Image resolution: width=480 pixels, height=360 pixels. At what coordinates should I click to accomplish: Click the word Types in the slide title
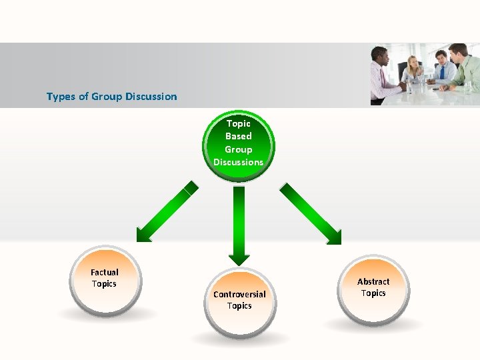click(x=61, y=97)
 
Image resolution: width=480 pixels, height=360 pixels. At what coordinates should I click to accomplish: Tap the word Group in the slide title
click(x=107, y=97)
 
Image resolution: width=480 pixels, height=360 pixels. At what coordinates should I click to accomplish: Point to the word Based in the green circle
click(x=239, y=136)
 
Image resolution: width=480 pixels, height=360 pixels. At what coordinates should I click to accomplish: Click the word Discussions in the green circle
click(x=239, y=162)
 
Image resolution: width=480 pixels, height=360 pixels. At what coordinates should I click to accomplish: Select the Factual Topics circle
click(x=105, y=279)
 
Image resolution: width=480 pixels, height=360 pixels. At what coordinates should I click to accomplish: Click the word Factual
click(x=105, y=272)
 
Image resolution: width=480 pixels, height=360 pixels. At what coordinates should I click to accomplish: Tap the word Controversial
click(x=239, y=294)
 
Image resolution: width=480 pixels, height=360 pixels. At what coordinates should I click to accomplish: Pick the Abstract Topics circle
click(x=373, y=288)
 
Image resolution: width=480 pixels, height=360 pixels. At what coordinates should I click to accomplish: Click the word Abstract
click(x=373, y=281)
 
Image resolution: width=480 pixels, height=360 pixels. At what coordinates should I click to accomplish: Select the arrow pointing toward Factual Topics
click(x=166, y=212)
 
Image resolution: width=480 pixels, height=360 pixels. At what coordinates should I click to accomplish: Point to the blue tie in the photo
click(x=441, y=71)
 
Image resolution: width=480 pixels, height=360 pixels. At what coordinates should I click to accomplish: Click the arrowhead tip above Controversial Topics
click(x=239, y=263)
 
